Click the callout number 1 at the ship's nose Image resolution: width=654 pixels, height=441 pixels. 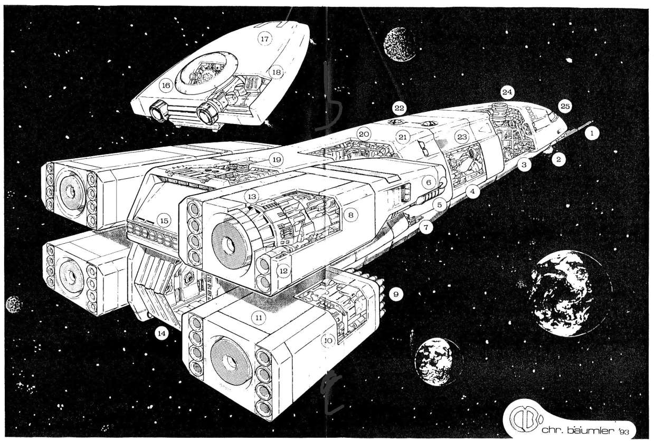click(592, 134)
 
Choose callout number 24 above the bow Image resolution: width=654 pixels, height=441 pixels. click(507, 93)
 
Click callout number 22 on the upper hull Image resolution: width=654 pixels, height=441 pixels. click(399, 109)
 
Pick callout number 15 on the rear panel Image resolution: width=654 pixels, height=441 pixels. click(165, 220)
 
